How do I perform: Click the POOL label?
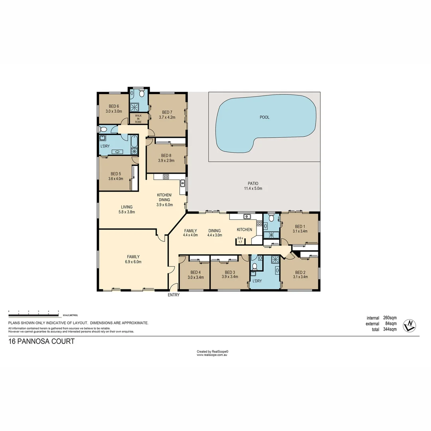[x=264, y=117]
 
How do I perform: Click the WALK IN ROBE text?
[x=138, y=119]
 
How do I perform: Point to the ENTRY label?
[x=174, y=295]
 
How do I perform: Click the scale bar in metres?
[x=34, y=311]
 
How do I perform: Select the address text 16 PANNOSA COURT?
[x=42, y=342]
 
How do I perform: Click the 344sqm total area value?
[x=389, y=330]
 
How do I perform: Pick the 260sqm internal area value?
[x=389, y=318]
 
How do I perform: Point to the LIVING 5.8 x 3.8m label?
[x=127, y=209]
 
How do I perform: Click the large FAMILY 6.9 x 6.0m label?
[x=133, y=259]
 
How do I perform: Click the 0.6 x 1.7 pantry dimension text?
[x=240, y=240]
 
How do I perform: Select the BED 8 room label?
[x=166, y=157]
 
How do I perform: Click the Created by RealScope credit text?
[x=212, y=352]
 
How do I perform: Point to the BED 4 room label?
[x=196, y=275]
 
